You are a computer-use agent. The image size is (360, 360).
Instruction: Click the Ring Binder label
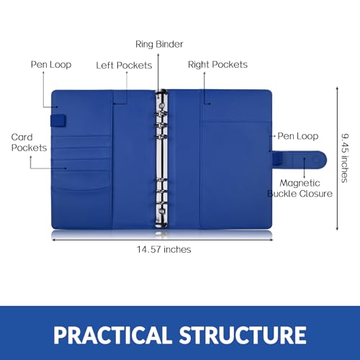point(159,45)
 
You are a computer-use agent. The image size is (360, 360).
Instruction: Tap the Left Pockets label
point(124,66)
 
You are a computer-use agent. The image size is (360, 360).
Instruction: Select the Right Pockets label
point(217,65)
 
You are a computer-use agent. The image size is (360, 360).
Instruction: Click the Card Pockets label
point(29,143)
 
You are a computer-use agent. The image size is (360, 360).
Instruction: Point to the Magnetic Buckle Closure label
point(300,189)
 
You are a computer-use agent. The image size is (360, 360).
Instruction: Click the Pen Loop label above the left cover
point(51,65)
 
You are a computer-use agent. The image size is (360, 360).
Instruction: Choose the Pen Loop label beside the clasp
point(298,136)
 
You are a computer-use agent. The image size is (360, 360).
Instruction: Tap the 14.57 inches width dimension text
point(164,250)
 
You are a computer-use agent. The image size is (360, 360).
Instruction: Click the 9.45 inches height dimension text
point(345,158)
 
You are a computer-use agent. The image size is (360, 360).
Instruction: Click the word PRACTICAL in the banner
point(112,335)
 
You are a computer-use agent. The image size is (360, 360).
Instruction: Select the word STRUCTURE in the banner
point(243,335)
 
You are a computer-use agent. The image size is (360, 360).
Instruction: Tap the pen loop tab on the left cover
point(58,121)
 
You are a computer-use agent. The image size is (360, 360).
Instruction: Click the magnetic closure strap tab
point(300,160)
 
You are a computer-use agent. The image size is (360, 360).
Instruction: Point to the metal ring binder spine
point(161,158)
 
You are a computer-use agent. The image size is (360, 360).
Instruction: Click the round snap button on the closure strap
point(316,160)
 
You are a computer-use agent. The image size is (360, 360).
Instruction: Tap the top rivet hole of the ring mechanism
point(162,105)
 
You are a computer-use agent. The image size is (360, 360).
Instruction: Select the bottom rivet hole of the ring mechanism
point(162,212)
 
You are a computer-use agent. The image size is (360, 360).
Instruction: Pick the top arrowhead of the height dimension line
point(337,89)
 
